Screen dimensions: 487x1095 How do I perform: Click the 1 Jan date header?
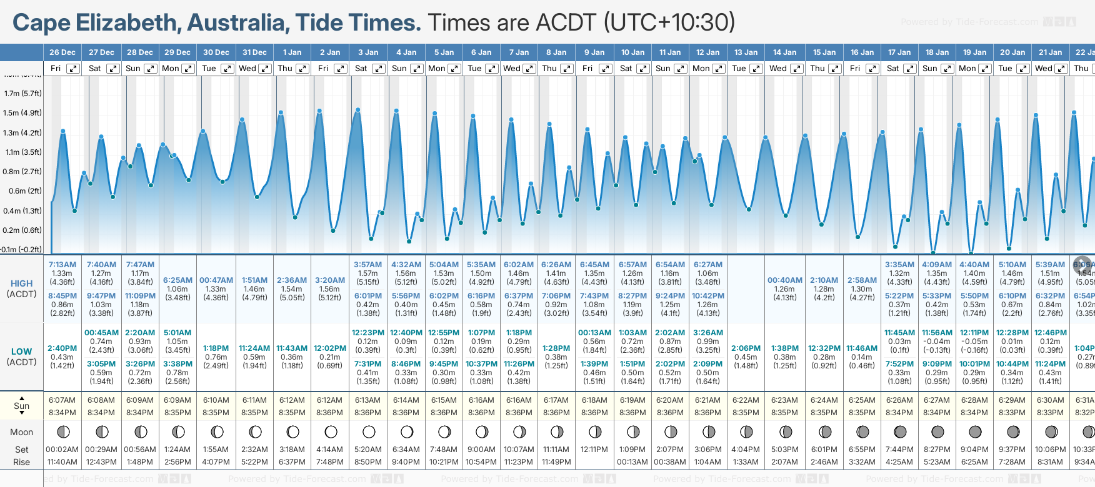click(292, 52)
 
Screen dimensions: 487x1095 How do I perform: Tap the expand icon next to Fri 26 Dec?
click(73, 69)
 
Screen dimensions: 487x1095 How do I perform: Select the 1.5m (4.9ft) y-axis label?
click(22, 113)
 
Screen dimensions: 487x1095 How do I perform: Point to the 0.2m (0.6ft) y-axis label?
click(22, 230)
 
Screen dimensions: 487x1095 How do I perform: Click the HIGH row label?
click(21, 283)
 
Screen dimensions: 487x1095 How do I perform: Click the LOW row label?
click(21, 352)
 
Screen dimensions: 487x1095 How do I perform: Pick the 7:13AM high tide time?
click(62, 265)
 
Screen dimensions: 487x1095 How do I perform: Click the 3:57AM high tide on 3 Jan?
click(367, 265)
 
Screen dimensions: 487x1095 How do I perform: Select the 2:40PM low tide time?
click(62, 348)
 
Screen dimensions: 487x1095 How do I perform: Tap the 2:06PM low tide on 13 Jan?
click(746, 348)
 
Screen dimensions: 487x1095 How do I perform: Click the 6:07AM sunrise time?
click(62, 400)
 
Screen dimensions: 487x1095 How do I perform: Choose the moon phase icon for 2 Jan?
click(331, 432)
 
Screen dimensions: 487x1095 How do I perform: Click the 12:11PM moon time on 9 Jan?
click(594, 450)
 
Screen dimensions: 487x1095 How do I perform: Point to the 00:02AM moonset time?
click(62, 450)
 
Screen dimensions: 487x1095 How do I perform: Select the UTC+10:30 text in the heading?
click(669, 22)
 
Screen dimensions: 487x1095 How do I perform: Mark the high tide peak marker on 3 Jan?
click(358, 110)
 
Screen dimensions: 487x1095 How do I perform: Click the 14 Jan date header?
click(784, 52)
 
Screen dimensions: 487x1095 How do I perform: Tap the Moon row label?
click(21, 432)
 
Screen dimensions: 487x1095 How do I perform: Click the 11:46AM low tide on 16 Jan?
click(862, 348)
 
